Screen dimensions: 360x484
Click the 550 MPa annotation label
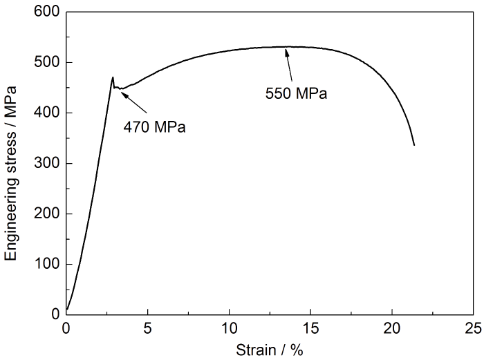click(296, 92)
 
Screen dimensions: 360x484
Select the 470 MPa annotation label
click(155, 126)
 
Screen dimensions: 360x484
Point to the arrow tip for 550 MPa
click(286, 49)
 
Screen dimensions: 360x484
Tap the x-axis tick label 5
click(147, 327)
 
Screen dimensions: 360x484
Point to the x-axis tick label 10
click(229, 327)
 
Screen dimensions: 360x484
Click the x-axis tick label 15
click(310, 327)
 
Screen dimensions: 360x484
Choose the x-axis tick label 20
click(392, 327)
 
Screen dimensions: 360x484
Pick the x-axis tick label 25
click(474, 327)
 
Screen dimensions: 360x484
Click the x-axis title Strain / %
click(270, 349)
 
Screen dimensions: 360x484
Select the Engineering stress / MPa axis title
click(11, 163)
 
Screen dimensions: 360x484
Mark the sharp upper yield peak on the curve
click(113, 77)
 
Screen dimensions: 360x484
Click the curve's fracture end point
click(414, 145)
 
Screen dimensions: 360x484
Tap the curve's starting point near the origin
click(66, 310)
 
